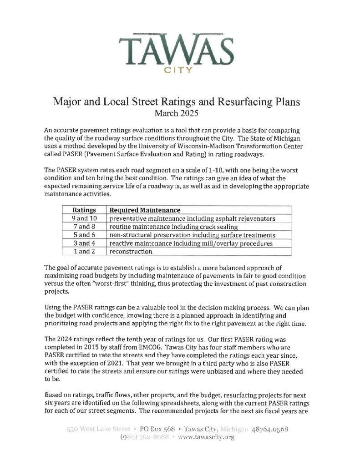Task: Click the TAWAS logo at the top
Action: pyautogui.click(x=179, y=47)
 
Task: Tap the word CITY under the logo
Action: pyautogui.click(x=180, y=71)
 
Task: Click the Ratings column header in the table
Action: pyautogui.click(x=84, y=210)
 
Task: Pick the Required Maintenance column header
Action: pyautogui.click(x=145, y=210)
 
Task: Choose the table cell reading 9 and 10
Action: pyautogui.click(x=84, y=218)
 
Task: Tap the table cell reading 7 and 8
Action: pyautogui.click(x=84, y=227)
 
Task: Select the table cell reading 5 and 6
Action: pyautogui.click(x=84, y=235)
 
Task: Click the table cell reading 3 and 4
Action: pyautogui.click(x=84, y=243)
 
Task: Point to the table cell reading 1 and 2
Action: pyautogui.click(x=84, y=252)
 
